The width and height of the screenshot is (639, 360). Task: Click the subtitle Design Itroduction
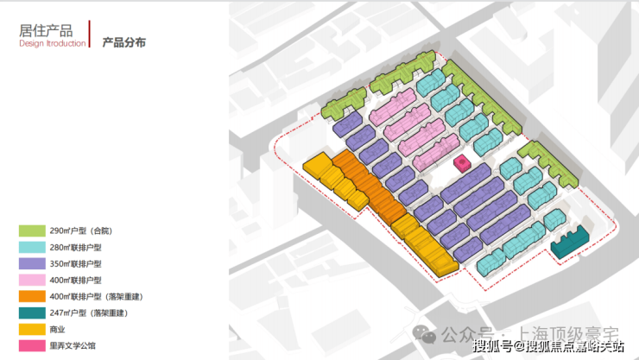[x=52, y=44]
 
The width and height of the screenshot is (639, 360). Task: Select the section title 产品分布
[x=123, y=41]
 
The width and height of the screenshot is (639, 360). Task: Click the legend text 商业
[x=59, y=330]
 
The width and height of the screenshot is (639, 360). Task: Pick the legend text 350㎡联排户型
[x=77, y=264]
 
